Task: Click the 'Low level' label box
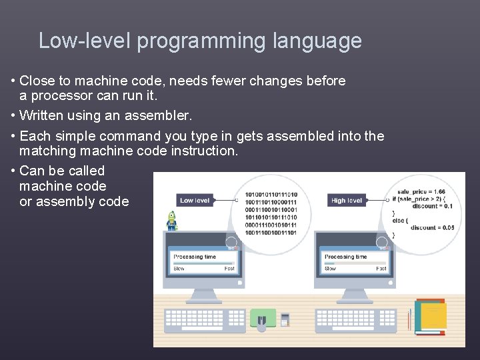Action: pyautogui.click(x=195, y=200)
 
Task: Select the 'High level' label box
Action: pyautogui.click(x=347, y=200)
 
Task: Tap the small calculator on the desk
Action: pyautogui.click(x=285, y=319)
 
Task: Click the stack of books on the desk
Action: pyautogui.click(x=430, y=317)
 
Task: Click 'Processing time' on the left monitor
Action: pyautogui.click(x=195, y=257)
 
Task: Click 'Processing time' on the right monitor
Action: pyautogui.click(x=345, y=257)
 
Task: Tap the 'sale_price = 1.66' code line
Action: pyautogui.click(x=421, y=192)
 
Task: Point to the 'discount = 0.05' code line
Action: pyautogui.click(x=432, y=227)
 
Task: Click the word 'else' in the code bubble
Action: pyautogui.click(x=399, y=220)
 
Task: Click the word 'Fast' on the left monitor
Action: pyautogui.click(x=229, y=269)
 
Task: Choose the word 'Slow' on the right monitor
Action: pyautogui.click(x=330, y=269)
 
